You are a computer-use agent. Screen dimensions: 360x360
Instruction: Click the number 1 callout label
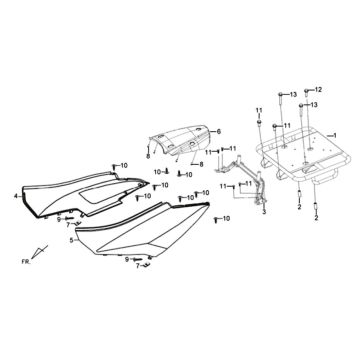(333, 134)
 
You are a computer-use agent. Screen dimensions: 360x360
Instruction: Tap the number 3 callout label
(263, 213)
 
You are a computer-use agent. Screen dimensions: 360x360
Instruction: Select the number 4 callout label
(15, 196)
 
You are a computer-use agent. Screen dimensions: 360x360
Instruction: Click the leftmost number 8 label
(146, 155)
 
